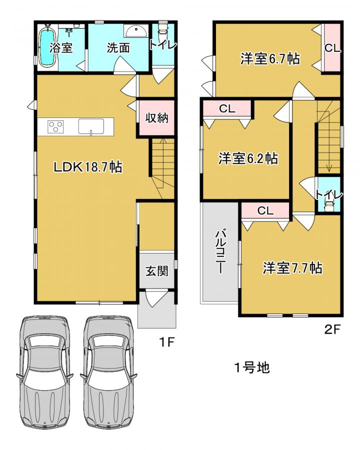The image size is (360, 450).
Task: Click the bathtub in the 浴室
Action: click(47, 47)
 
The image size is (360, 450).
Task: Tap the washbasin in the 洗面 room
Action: click(136, 30)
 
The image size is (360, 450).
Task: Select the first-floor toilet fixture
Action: click(163, 28)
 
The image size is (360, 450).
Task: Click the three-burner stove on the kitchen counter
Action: click(55, 127)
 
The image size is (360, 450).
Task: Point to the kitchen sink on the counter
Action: click(91, 126)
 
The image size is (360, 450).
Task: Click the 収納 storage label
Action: click(156, 117)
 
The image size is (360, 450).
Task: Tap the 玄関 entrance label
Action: click(156, 270)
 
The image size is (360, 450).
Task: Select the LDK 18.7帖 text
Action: click(88, 167)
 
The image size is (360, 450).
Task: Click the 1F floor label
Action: click(167, 342)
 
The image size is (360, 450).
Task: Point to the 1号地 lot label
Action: click(252, 367)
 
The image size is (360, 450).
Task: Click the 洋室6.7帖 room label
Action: click(270, 59)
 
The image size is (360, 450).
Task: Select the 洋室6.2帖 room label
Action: click(248, 158)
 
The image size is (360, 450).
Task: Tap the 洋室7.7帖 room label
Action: click(292, 268)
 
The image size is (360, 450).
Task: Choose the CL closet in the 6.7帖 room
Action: click(332, 47)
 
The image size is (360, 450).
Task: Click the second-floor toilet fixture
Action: click(328, 205)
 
